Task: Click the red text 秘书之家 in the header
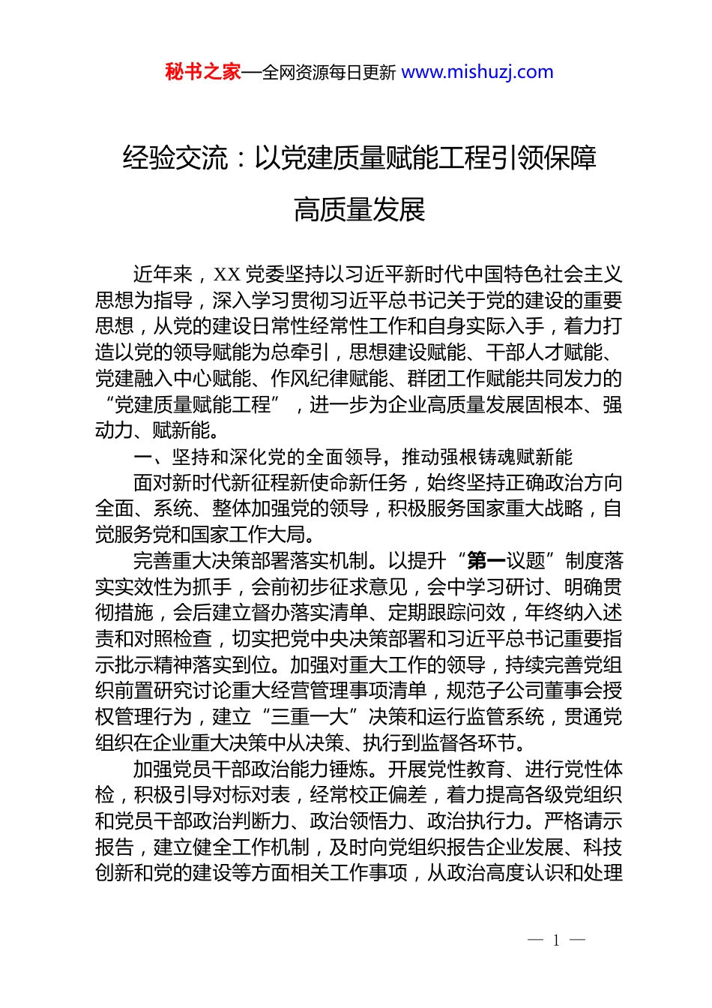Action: coord(203,72)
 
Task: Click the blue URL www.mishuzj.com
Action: coord(477,72)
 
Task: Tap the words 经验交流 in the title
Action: coord(175,158)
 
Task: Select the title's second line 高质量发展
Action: coord(360,210)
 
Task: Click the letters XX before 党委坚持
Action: coord(227,274)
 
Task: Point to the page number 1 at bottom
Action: coord(556,940)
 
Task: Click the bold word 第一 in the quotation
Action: coord(486,561)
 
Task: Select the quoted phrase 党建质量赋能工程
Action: coord(192,405)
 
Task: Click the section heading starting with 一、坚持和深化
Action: coord(352,457)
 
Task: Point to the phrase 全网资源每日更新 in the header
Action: coord(329,73)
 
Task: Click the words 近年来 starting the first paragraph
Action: coord(163,274)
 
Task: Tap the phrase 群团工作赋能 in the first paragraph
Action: coord(465,379)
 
